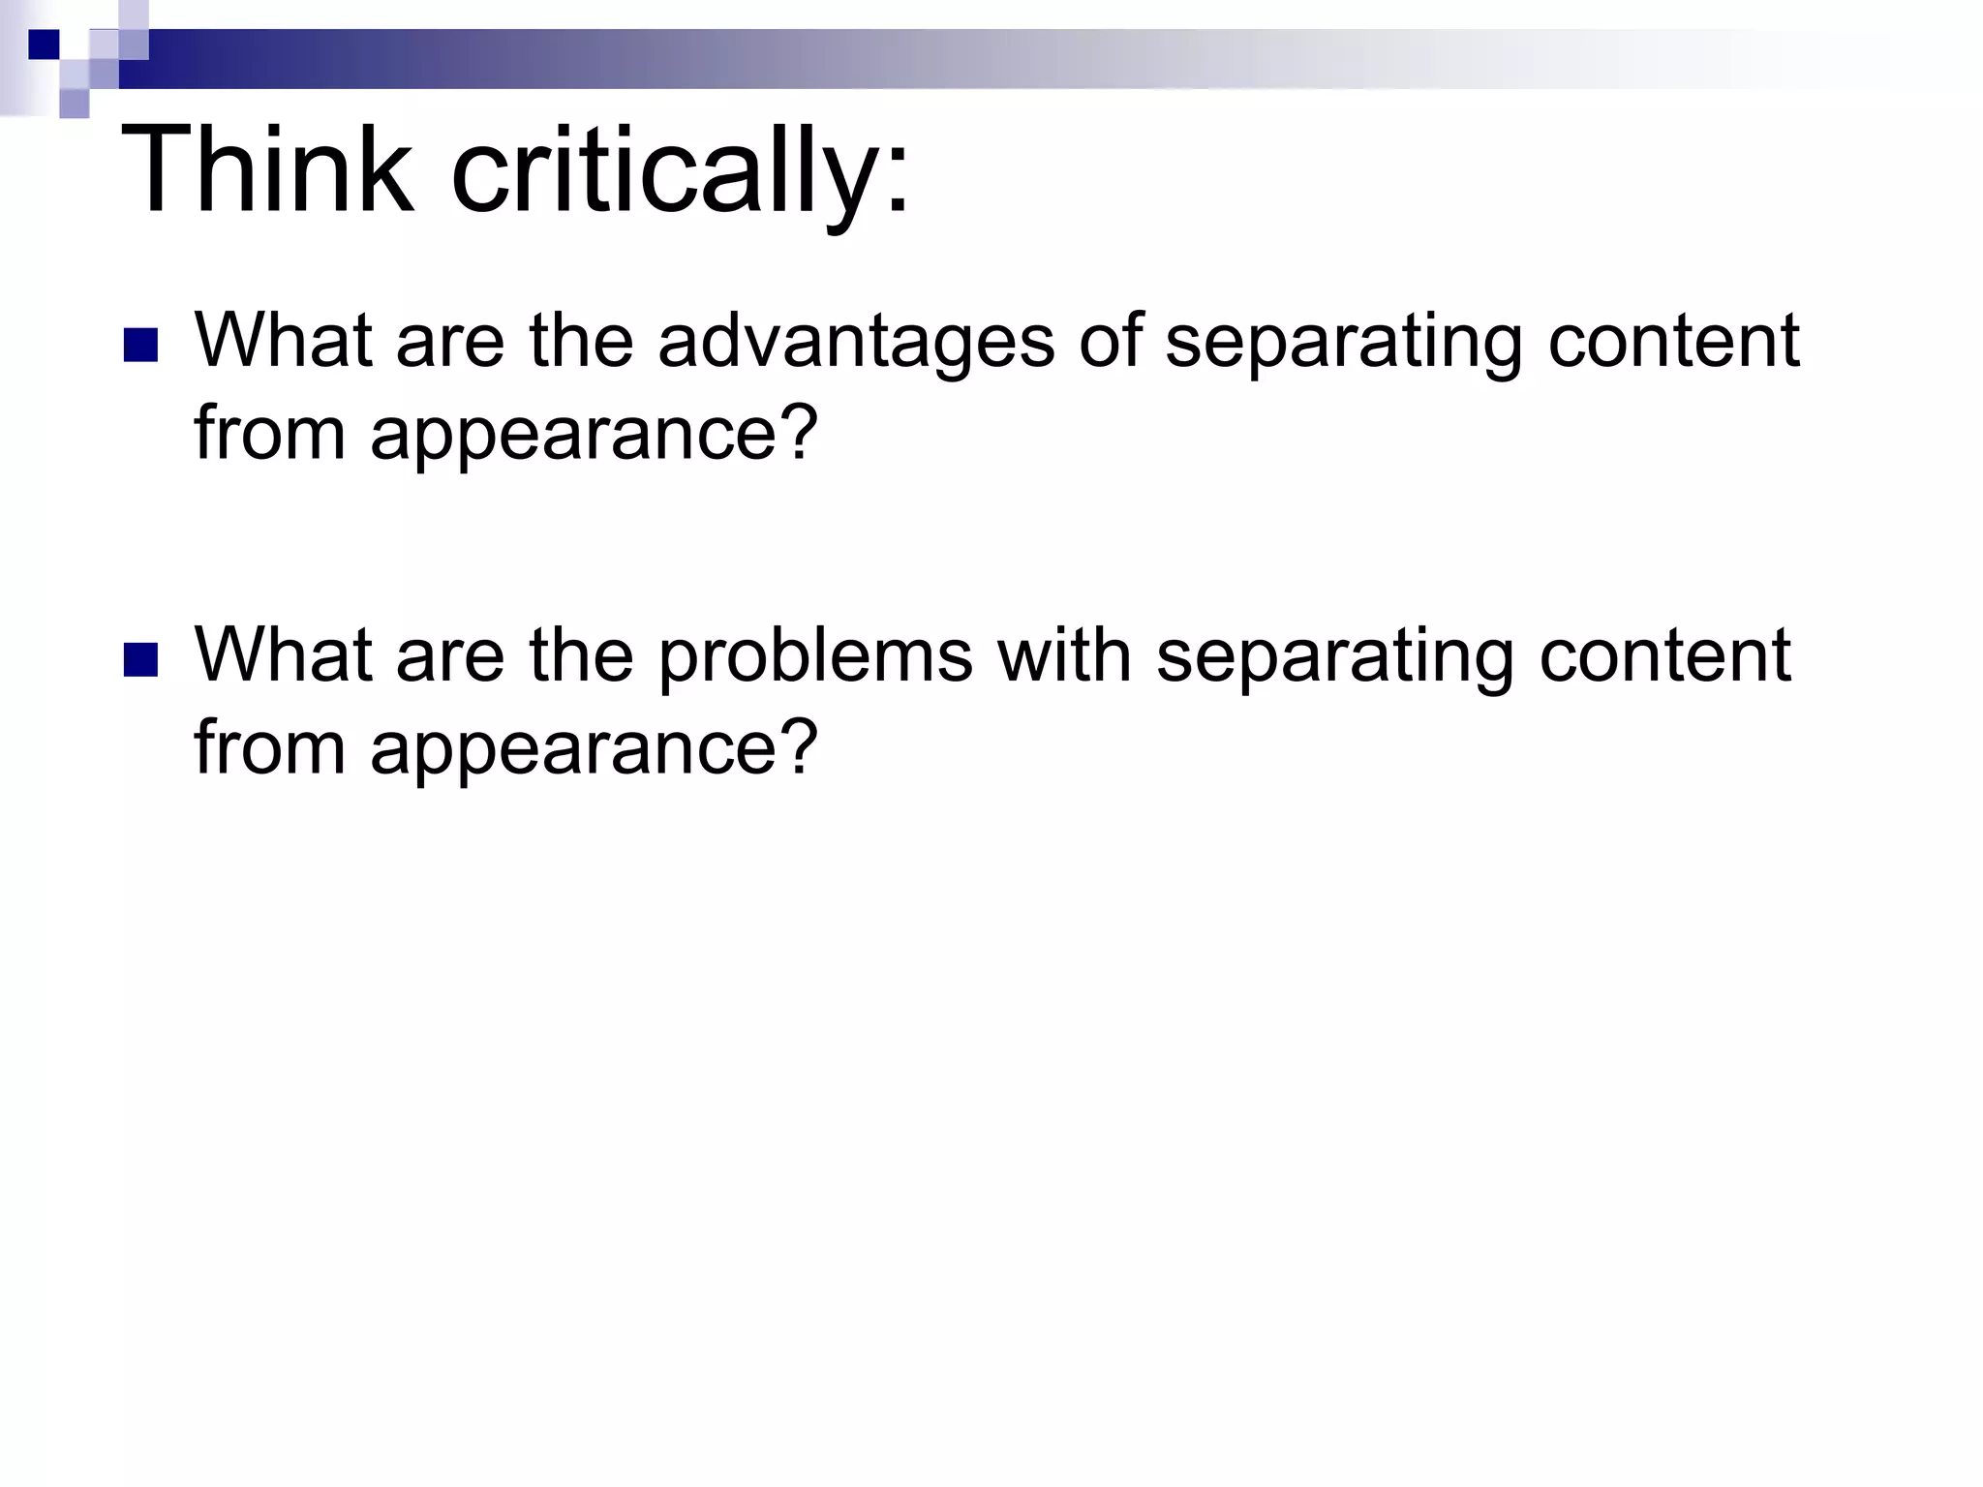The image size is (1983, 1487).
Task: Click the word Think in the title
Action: coord(265,170)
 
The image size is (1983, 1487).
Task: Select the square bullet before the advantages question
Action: coord(141,346)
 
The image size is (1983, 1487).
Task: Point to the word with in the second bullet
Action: coord(1064,655)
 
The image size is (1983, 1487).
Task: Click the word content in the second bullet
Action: coord(1664,655)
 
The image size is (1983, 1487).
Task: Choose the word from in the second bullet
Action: coord(269,747)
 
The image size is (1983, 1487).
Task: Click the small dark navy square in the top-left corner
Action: coord(44,45)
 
